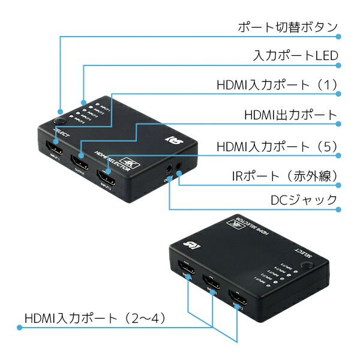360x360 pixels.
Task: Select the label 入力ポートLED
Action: [296, 56]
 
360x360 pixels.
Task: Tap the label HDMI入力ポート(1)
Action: [278, 85]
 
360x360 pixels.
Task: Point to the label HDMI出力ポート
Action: [291, 115]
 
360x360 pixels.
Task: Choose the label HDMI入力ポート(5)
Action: [278, 146]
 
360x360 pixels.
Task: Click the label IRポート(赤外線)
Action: [284, 176]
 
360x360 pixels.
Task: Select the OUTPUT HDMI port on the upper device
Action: [80, 161]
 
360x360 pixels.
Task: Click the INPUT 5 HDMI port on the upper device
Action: [107, 177]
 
